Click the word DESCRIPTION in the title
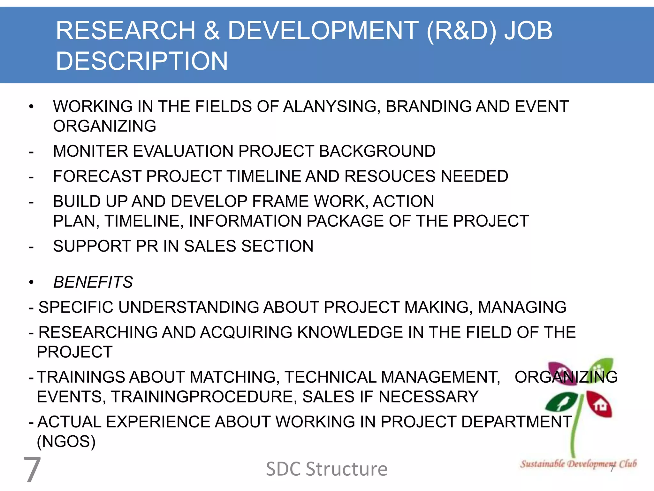(x=141, y=61)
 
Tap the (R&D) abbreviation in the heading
(x=461, y=31)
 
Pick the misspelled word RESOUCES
(x=390, y=176)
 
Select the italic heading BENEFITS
(x=93, y=282)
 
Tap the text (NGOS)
(x=66, y=442)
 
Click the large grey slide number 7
(x=32, y=469)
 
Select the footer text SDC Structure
(x=327, y=469)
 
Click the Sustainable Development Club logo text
(x=578, y=464)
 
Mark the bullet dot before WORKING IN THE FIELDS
(x=31, y=107)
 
